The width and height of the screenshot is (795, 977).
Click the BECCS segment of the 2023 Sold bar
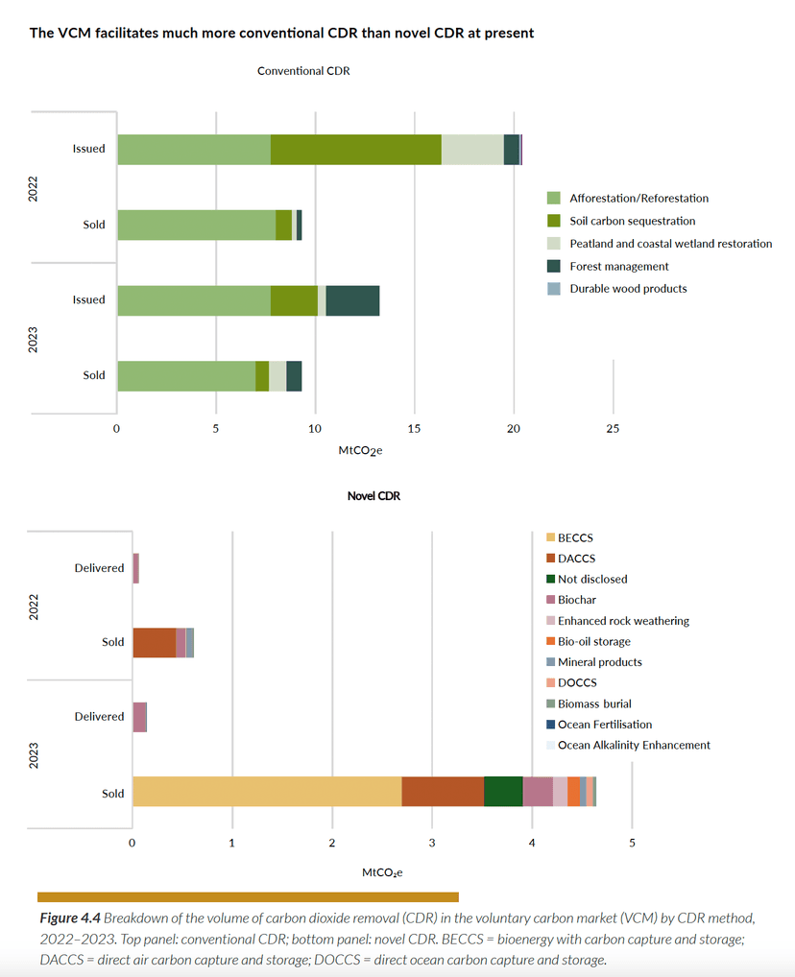coord(267,792)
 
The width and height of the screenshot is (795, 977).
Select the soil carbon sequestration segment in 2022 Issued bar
coord(355,150)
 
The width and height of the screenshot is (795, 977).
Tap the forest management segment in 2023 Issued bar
coord(352,300)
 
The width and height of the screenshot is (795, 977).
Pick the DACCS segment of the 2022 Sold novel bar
coord(154,642)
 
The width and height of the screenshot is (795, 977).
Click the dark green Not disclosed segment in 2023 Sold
coord(503,792)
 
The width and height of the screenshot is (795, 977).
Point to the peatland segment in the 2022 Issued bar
coord(472,150)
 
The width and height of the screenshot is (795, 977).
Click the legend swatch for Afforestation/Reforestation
coord(553,199)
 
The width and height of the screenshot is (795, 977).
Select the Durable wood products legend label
coord(628,289)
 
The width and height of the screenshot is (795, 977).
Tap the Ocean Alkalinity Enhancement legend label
coord(634,745)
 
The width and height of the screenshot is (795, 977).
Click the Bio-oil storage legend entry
coord(593,641)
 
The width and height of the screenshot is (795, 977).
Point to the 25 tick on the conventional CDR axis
coord(613,429)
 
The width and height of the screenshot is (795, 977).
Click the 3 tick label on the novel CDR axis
coord(432,843)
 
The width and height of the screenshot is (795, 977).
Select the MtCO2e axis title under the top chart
coord(360,449)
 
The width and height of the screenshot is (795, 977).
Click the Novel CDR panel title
coord(373,497)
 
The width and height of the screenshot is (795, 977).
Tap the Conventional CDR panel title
coord(303,71)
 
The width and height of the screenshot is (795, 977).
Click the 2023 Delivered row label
coord(99,716)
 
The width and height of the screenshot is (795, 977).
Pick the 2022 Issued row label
coord(89,149)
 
